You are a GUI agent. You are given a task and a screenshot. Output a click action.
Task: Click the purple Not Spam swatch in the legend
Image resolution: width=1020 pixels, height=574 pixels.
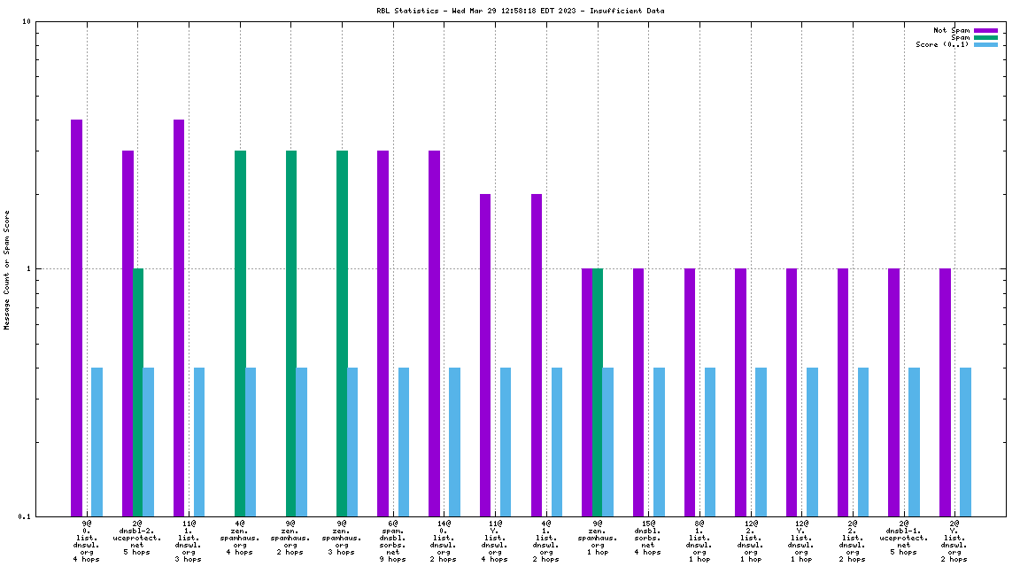pos(985,30)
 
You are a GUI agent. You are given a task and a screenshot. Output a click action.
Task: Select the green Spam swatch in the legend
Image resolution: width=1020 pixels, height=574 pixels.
pos(985,37)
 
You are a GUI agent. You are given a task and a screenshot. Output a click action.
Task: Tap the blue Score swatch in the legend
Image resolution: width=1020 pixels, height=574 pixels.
pos(985,44)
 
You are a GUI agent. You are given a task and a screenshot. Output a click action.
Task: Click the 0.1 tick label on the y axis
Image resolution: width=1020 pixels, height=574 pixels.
pos(24,516)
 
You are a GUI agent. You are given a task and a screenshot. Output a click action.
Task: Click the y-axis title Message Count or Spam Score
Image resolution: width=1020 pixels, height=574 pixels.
pos(7,269)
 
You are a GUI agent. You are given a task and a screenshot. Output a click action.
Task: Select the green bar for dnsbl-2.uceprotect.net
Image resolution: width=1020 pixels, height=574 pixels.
pos(138,392)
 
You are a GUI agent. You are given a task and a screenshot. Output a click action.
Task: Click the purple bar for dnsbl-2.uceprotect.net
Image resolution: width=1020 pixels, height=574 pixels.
pos(127,333)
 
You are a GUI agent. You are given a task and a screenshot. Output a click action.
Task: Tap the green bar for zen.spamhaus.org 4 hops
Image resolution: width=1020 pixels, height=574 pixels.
pos(240,333)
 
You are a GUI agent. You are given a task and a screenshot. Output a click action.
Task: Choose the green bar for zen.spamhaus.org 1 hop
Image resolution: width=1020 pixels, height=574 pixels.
pos(598,392)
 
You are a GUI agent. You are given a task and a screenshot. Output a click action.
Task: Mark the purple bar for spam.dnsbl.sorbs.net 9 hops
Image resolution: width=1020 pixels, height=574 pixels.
pos(382,333)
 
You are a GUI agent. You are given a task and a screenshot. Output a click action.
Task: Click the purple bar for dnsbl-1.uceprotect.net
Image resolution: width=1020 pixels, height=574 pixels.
pos(893,392)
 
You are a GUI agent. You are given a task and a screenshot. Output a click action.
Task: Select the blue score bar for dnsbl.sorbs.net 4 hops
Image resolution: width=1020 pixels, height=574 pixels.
pos(659,441)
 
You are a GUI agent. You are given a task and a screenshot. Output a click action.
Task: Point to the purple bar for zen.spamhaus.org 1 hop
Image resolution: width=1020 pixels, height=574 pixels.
pos(587,392)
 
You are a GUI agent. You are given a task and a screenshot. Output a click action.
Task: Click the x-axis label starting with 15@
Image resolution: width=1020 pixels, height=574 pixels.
pos(647,538)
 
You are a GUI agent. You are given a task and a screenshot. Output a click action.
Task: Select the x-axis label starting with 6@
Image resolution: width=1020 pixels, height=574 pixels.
pos(392,541)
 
